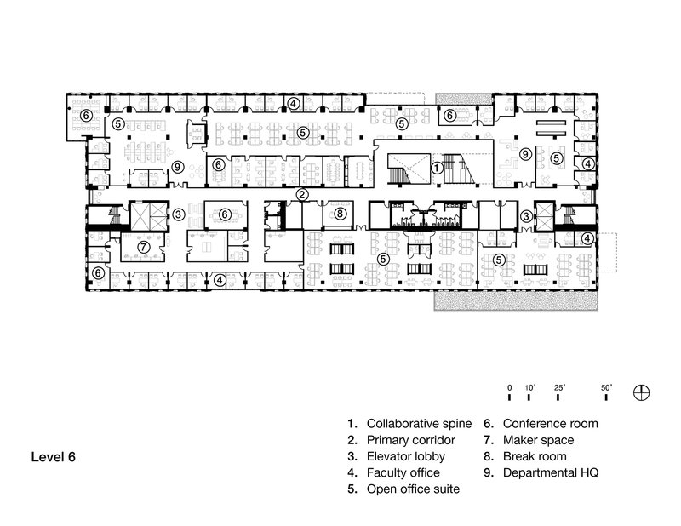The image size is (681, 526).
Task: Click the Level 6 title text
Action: point(54,457)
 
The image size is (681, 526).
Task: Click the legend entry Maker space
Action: point(537,440)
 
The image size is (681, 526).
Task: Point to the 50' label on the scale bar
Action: point(608,387)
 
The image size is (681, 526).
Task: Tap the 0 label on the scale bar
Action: point(509,387)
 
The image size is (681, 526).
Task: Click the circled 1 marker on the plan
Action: point(435,169)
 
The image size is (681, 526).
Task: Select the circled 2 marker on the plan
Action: point(301,195)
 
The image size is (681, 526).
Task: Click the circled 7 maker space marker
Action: point(145,246)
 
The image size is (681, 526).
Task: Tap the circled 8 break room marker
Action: point(339,214)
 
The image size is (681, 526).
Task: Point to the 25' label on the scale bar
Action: point(559,387)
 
